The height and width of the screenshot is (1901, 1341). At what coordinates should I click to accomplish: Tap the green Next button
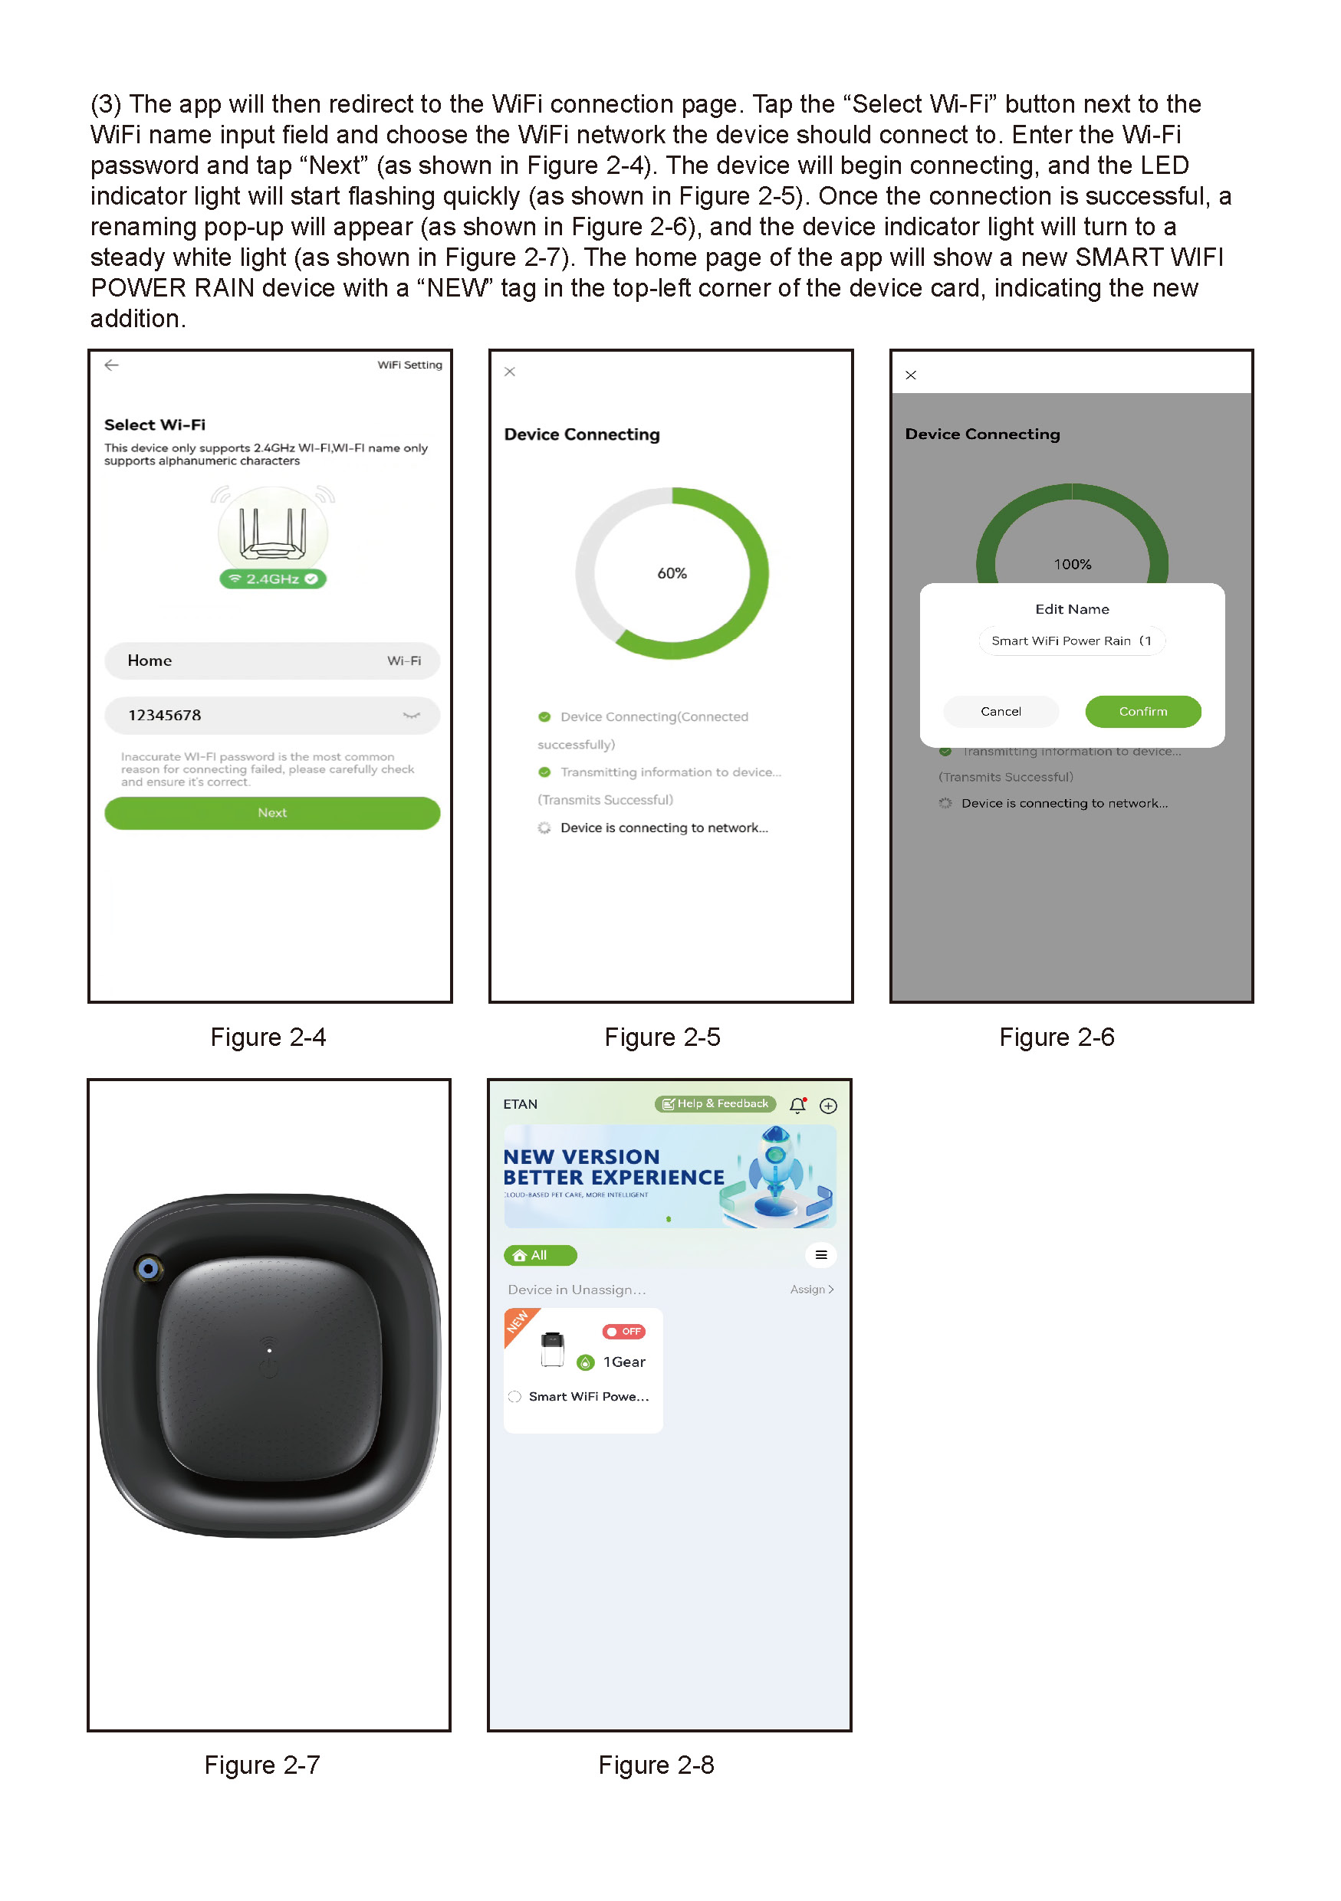(x=271, y=812)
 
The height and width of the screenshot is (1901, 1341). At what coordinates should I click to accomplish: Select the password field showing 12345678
(x=271, y=715)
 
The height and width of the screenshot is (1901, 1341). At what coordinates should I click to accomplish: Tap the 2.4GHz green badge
(x=272, y=578)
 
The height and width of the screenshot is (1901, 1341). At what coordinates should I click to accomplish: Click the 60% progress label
(x=672, y=573)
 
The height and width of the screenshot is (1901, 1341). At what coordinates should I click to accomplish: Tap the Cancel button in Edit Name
(x=1001, y=711)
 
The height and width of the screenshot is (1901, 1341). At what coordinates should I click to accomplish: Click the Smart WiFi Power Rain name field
(x=1072, y=641)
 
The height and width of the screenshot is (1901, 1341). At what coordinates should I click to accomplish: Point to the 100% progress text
(x=1072, y=564)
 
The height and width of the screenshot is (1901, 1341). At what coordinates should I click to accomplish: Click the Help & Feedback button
(x=715, y=1103)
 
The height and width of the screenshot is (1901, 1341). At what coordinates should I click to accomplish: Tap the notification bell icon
(x=797, y=1106)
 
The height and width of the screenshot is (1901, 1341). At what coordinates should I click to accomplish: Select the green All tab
(x=540, y=1255)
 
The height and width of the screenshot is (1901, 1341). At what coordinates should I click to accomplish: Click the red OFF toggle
(x=623, y=1332)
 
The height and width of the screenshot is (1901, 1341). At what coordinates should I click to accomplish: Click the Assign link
(x=812, y=1289)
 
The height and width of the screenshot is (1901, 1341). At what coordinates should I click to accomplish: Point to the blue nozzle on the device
(x=149, y=1267)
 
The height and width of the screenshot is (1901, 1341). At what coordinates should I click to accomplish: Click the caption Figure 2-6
(x=1056, y=1037)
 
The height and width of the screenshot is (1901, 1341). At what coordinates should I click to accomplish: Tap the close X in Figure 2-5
(x=510, y=372)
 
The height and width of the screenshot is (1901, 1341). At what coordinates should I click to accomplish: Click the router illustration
(x=272, y=530)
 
